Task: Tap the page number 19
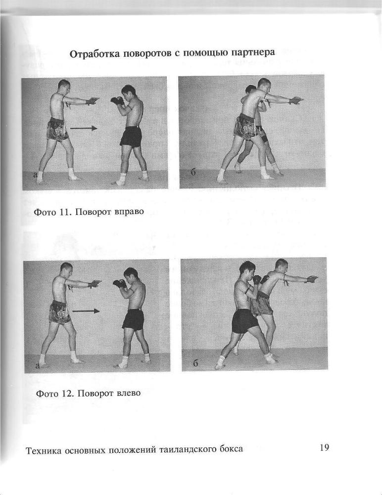point(324,447)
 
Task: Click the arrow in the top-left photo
point(83,128)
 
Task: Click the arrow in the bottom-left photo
point(86,311)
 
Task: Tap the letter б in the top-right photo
point(193,173)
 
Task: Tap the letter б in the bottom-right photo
point(195,363)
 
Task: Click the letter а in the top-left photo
point(35,175)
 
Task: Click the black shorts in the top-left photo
point(131,137)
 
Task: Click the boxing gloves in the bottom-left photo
point(119,283)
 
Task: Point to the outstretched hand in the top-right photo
point(297,100)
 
